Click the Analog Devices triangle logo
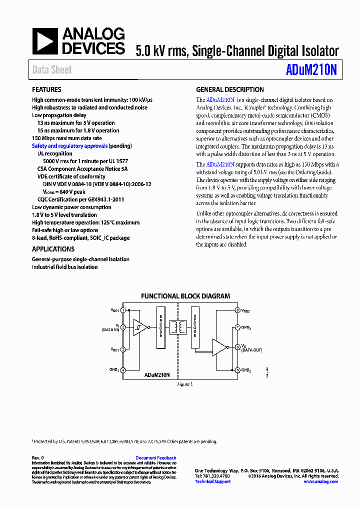[x=45, y=41]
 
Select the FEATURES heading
[x=47, y=90]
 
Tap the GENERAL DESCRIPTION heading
[x=230, y=90]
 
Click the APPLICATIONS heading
[x=53, y=249]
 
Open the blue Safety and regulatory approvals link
[x=69, y=146]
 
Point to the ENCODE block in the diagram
[x=160, y=327]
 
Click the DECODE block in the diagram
[x=195, y=327]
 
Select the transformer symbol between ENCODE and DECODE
[x=178, y=327]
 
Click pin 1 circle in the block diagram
[x=123, y=310]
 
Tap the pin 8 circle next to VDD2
[x=237, y=310]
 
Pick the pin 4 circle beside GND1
[x=123, y=370]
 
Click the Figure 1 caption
[x=184, y=384]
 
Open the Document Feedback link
[x=155, y=457]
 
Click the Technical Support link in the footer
[x=212, y=481]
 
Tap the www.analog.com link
[x=320, y=481]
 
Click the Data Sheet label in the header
[x=52, y=70]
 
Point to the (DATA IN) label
[x=110, y=330]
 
